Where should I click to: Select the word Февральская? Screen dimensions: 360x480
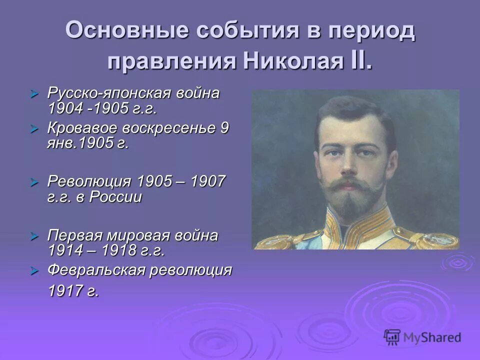tap(100, 270)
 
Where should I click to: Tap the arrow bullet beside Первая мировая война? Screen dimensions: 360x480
tap(34, 235)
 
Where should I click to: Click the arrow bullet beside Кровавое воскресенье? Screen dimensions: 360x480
tap(34, 128)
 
